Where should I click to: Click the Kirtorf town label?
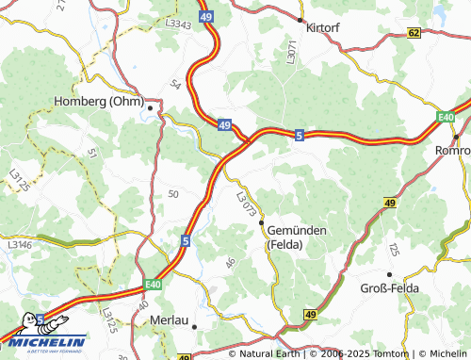coord(322,28)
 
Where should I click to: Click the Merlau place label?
coord(170,320)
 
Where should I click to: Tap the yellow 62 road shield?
coord(413,32)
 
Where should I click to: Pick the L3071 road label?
coord(293,52)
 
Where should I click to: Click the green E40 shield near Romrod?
coord(446,117)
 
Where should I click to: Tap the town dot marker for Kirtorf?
coord(300,19)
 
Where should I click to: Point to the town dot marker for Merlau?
coord(194,327)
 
